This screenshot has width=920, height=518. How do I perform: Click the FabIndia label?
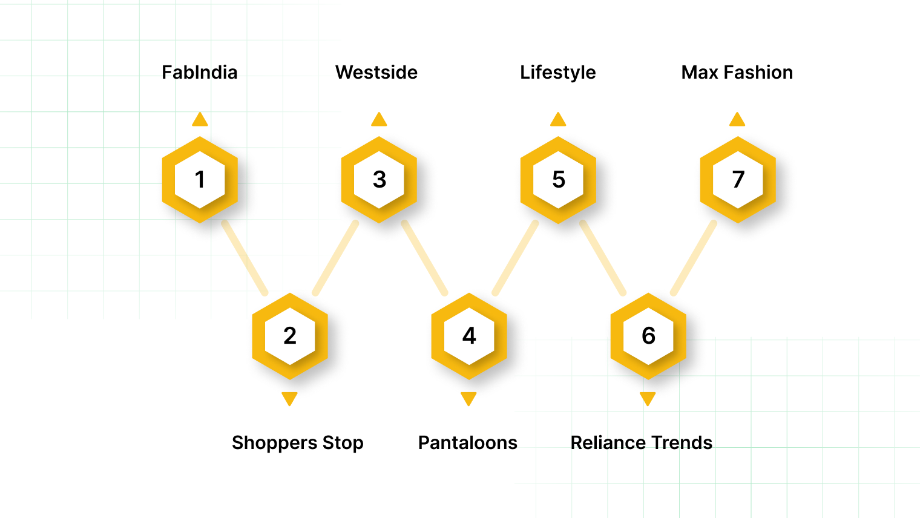[199, 73]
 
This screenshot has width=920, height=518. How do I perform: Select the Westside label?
[376, 73]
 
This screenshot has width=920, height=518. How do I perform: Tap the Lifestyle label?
[557, 73]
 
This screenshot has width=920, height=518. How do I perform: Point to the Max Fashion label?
[737, 73]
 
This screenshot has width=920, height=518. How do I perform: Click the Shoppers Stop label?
[297, 443]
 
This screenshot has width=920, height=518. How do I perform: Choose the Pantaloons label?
[467, 443]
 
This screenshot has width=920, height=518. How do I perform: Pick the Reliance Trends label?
[641, 443]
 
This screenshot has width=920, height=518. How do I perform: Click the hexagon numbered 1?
[200, 180]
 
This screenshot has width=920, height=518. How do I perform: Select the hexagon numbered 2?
[290, 336]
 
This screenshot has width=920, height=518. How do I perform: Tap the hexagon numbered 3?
[379, 180]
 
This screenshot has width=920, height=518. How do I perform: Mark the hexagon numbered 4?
[469, 336]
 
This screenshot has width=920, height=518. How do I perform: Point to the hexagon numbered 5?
[558, 180]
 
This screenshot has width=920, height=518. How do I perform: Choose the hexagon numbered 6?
[648, 336]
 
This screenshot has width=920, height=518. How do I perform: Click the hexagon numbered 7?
[738, 180]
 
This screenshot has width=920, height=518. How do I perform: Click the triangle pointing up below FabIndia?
[200, 120]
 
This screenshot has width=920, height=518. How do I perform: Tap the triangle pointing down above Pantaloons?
[468, 398]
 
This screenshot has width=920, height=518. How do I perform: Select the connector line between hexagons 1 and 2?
[245, 258]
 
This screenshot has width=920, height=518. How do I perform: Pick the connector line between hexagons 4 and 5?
[515, 258]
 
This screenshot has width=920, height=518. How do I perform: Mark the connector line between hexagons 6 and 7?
[694, 258]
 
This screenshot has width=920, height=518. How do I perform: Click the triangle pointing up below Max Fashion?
[737, 120]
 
